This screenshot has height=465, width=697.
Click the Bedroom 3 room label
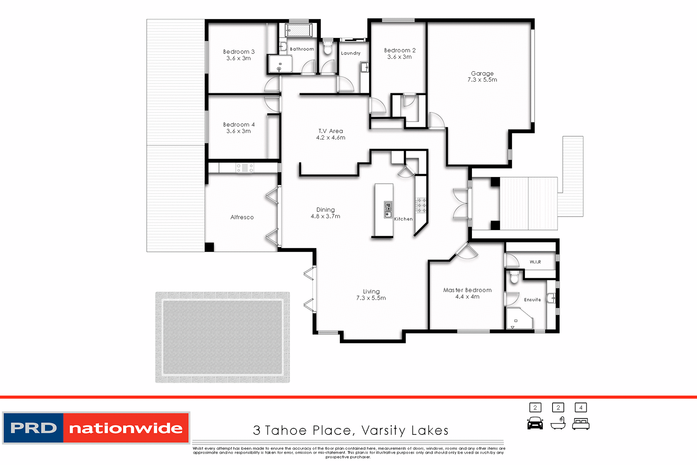point(239,52)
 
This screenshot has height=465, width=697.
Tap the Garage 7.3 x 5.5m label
point(482,77)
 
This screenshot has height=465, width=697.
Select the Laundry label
point(351,53)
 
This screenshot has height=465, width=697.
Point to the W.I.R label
point(535,262)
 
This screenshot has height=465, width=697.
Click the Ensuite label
point(532,300)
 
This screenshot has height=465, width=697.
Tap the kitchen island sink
point(388,210)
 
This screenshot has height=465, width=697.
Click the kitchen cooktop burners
point(421,205)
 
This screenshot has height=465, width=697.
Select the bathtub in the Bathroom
point(298,30)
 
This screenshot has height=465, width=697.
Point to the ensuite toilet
point(514,277)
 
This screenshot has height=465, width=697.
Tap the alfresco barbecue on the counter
point(245,168)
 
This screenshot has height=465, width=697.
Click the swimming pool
point(223,337)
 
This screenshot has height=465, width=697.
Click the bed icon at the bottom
point(580,424)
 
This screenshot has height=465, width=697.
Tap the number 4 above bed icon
point(580,408)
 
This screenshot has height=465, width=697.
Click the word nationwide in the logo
point(126,428)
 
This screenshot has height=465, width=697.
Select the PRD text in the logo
point(33,428)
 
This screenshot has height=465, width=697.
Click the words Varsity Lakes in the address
point(405,430)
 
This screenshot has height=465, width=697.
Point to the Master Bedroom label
point(467,290)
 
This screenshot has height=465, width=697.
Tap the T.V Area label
point(330,131)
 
